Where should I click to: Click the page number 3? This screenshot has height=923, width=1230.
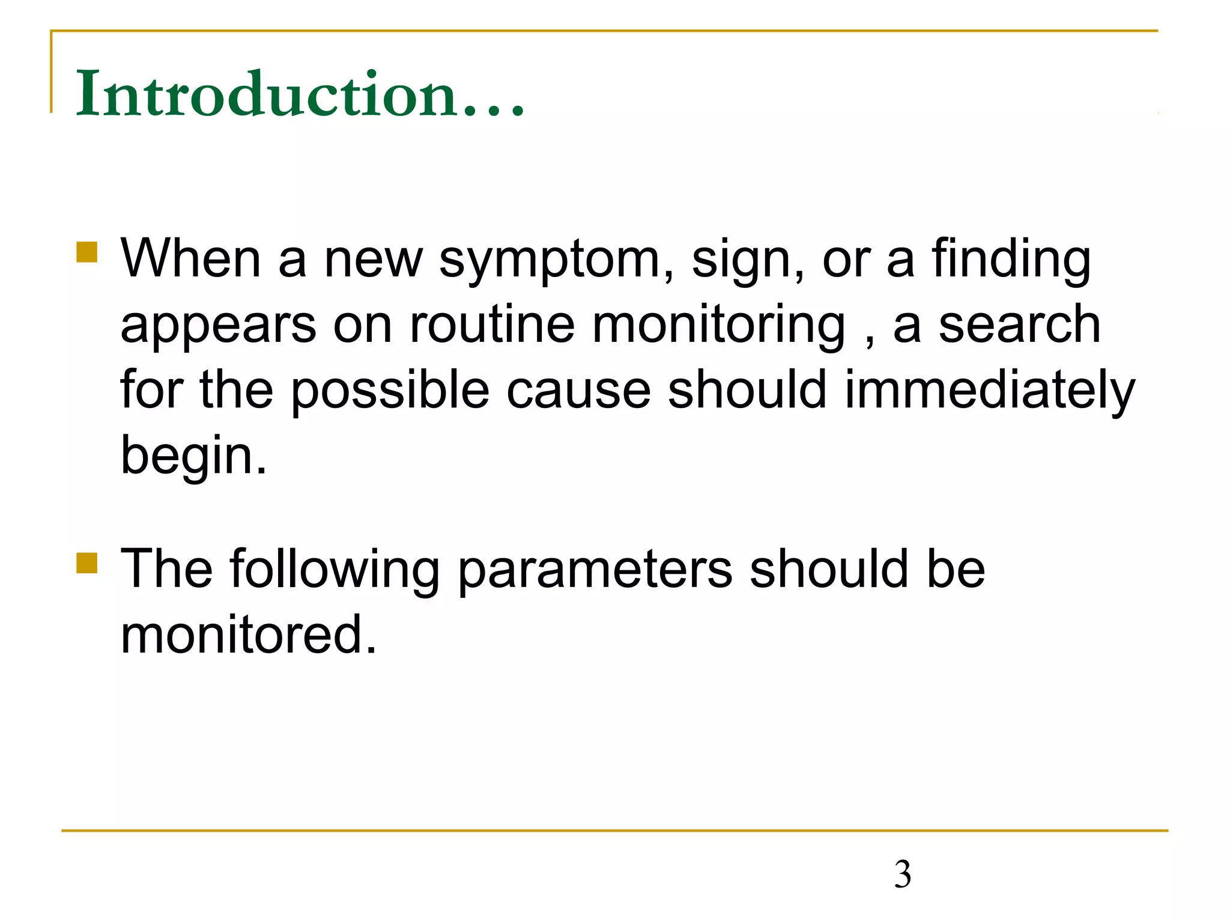click(x=902, y=874)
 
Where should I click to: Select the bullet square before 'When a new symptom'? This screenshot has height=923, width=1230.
click(x=87, y=252)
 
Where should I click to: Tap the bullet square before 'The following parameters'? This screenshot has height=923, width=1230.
click(x=87, y=564)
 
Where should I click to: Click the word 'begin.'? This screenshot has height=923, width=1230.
click(x=193, y=455)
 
